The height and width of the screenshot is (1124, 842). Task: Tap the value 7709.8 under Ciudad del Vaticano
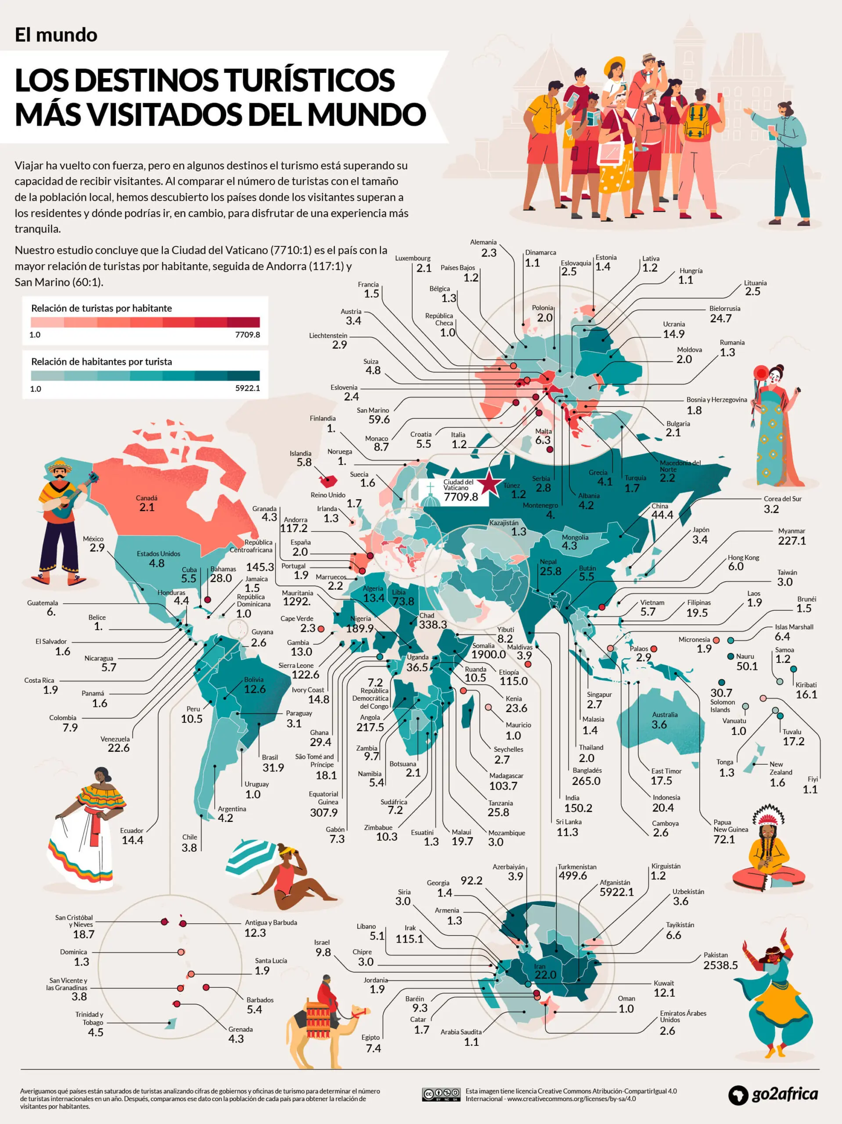[461, 497]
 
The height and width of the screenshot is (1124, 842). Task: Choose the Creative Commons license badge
[441, 1094]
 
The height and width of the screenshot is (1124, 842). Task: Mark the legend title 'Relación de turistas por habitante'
[102, 308]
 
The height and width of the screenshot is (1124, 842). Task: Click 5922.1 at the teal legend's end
[248, 388]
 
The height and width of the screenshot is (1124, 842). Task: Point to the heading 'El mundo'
[56, 35]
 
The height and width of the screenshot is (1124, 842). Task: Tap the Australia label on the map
[665, 714]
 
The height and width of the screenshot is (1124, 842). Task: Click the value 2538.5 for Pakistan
[720, 965]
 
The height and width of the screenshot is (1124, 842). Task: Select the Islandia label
[300, 453]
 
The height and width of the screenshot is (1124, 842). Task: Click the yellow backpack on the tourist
[697, 122]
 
